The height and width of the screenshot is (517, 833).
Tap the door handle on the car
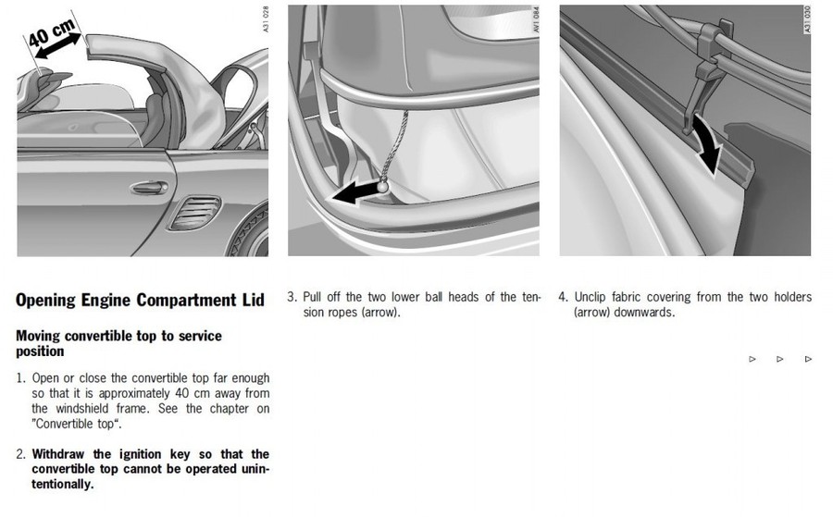(148, 188)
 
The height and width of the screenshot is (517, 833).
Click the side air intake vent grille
(195, 215)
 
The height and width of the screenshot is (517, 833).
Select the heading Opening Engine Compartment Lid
(140, 300)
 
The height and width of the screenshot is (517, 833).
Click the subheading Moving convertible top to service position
(118, 343)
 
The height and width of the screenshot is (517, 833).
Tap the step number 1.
(20, 378)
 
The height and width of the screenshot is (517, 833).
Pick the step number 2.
(20, 454)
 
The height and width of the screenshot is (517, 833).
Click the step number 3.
(292, 297)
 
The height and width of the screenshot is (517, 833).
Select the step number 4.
(563, 297)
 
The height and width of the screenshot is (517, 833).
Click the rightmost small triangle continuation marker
(808, 359)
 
